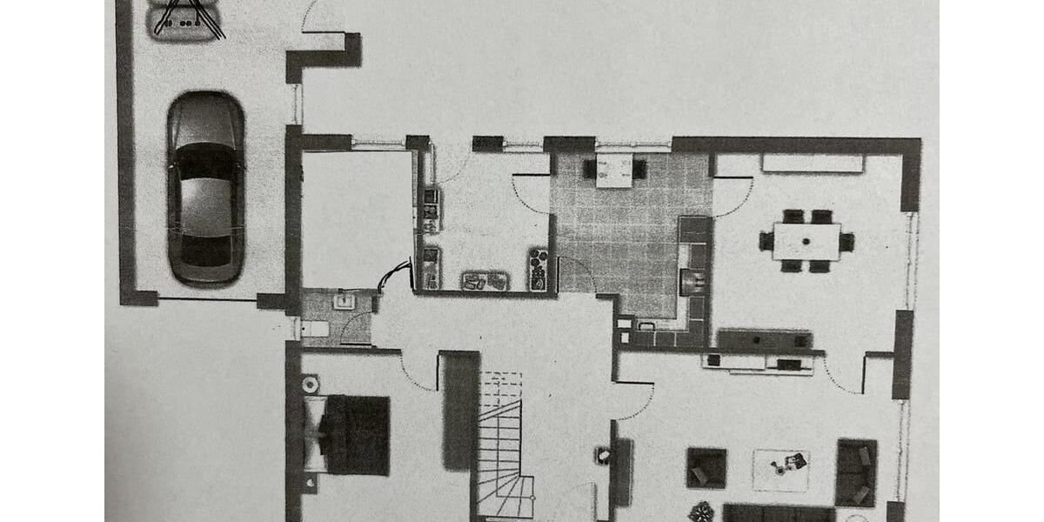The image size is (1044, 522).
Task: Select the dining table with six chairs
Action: click(806, 241)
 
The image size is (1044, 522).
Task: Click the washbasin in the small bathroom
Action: click(345, 301)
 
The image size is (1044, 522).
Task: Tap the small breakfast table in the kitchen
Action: click(615, 170)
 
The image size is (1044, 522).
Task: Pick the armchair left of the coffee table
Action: click(706, 467)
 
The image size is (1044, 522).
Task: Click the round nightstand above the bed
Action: click(310, 384)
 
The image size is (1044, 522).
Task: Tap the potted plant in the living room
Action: click(700, 512)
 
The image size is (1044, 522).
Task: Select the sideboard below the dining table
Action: click(765, 340)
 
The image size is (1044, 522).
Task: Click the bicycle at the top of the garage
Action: click(187, 19)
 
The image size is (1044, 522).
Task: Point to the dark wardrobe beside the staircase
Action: click(459, 409)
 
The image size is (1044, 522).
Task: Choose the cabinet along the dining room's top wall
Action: click(813, 164)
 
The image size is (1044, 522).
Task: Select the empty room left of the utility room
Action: click(357, 217)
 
